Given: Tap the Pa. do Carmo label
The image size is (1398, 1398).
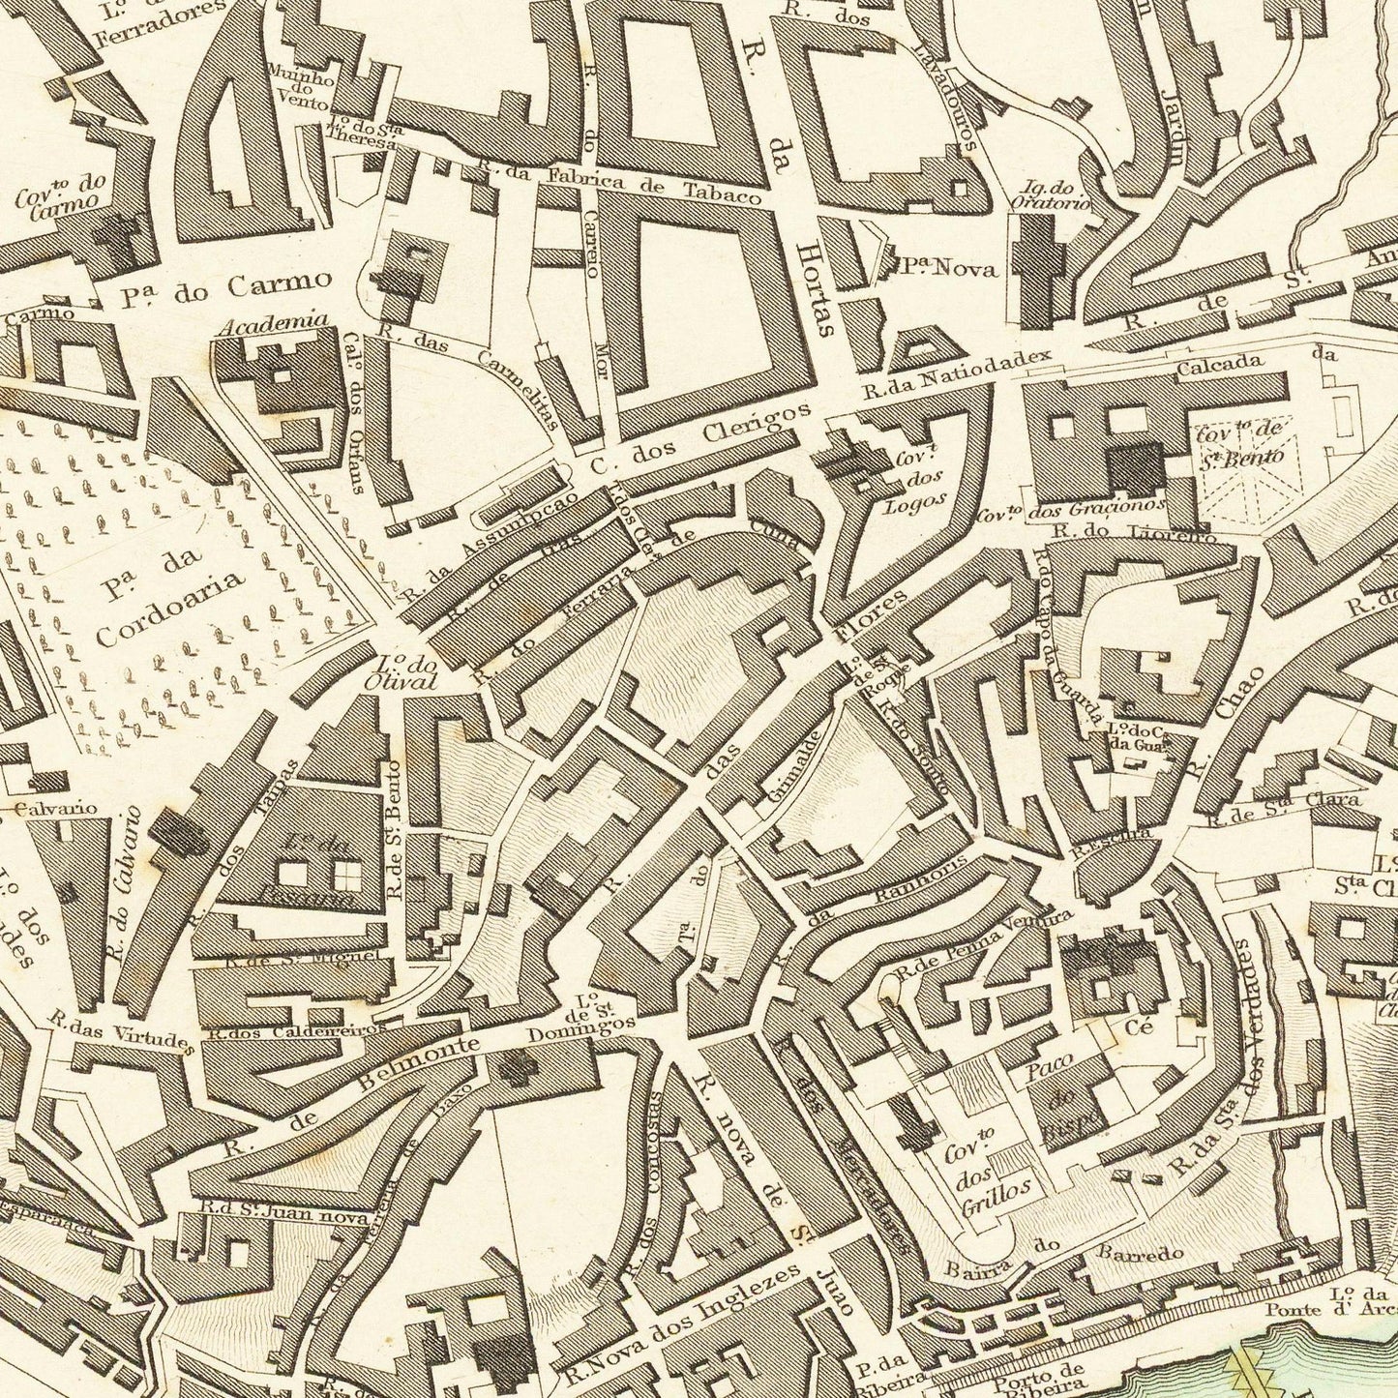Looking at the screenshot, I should (228, 287).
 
